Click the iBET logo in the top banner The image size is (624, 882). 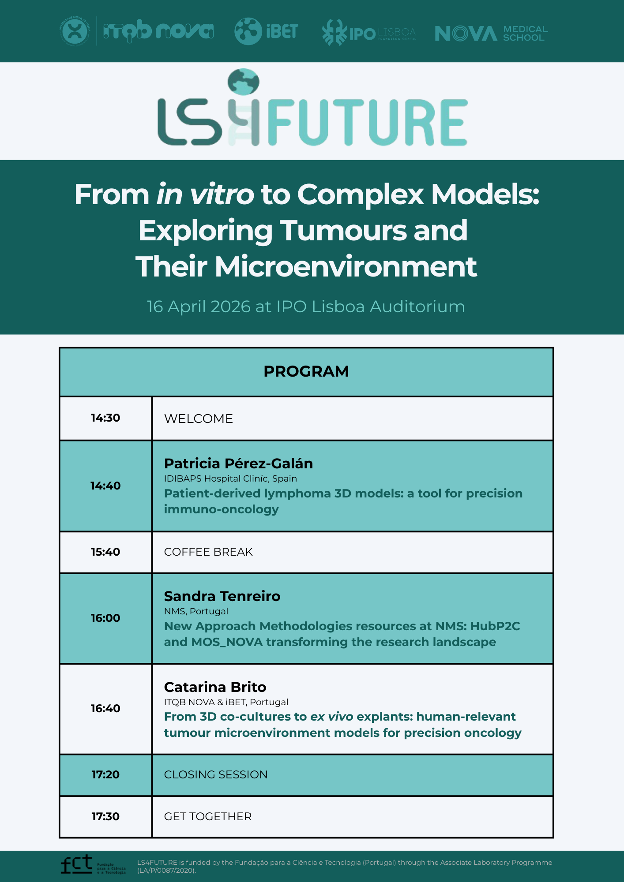coord(266,31)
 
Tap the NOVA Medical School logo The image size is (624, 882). coord(491,33)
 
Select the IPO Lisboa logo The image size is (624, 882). coord(369,33)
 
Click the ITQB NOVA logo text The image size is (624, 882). coord(158,31)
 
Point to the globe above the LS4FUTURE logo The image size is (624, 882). coord(243,82)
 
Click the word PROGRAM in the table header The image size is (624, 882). coord(306,371)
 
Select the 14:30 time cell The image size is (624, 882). coord(105,418)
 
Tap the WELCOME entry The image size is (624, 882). coord(198,419)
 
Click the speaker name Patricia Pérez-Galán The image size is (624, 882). coord(238,463)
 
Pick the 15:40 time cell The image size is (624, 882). coord(105,552)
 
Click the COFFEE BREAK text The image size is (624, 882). coord(208,552)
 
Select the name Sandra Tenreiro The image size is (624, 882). coord(222,596)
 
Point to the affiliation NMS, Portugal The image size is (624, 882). coord(196,611)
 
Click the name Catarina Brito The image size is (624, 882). coord(215,687)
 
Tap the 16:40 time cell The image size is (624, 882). coord(105,709)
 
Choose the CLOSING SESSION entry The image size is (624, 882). coord(216,775)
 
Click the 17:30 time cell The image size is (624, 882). coord(105,817)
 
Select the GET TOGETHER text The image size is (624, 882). coord(208,817)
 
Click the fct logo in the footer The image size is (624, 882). coord(77,864)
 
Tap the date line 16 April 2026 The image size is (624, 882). coord(305,306)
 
